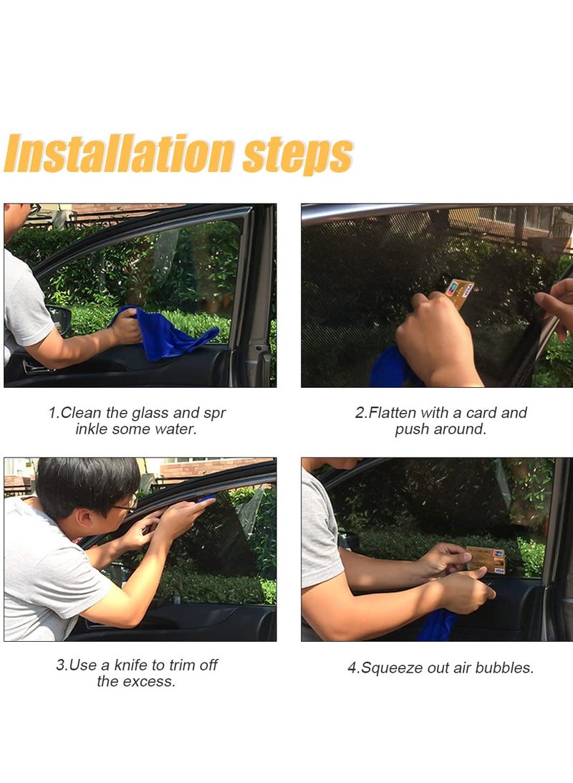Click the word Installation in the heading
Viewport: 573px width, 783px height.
tap(120, 153)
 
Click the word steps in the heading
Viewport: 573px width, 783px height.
tap(298, 155)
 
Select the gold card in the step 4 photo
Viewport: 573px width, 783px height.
tap(486, 560)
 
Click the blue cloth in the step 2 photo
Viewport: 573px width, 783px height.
tap(394, 367)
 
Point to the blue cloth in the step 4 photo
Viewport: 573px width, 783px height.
tap(437, 625)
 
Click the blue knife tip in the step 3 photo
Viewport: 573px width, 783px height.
tap(206, 498)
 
